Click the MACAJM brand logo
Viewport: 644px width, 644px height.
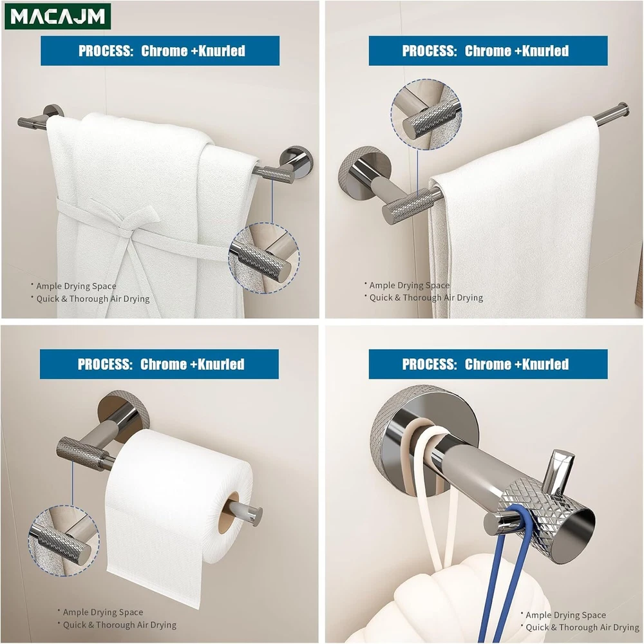[x=57, y=17]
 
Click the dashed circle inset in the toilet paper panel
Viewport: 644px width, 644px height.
[x=64, y=540]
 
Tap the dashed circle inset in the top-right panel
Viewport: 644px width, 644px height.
[x=426, y=115]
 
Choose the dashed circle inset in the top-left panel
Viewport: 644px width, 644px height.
[x=263, y=258]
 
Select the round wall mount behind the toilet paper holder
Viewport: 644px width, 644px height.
[x=123, y=415]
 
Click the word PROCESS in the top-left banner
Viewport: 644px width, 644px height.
[x=106, y=51]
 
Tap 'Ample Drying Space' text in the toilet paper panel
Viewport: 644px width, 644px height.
[x=102, y=612]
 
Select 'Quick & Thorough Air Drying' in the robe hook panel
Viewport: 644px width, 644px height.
[x=582, y=627]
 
